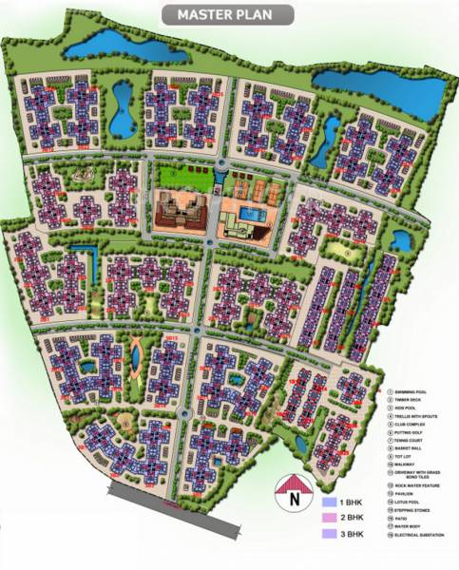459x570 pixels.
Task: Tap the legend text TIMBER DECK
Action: click(x=411, y=401)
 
